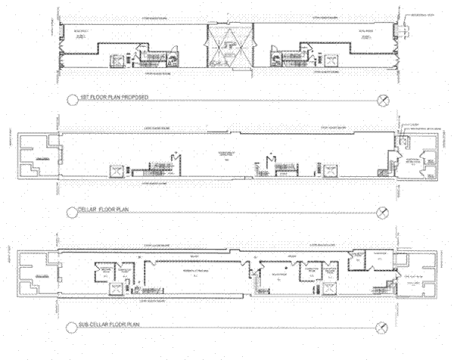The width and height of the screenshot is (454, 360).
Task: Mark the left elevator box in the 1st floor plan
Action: tap(118, 61)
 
